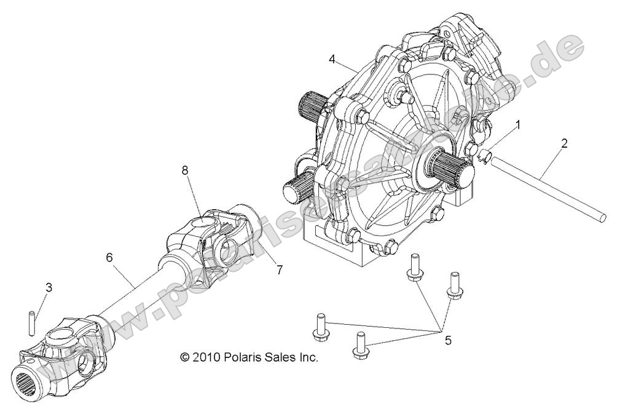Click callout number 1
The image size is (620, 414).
pos(518,125)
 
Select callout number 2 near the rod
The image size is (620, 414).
pos(564,143)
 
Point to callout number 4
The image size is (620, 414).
pos(332,59)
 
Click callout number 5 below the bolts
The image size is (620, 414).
pos(448,340)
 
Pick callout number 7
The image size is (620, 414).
pos(279,269)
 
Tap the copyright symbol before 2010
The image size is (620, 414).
pos(185,357)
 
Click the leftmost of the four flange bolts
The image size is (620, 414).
pos(319,326)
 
